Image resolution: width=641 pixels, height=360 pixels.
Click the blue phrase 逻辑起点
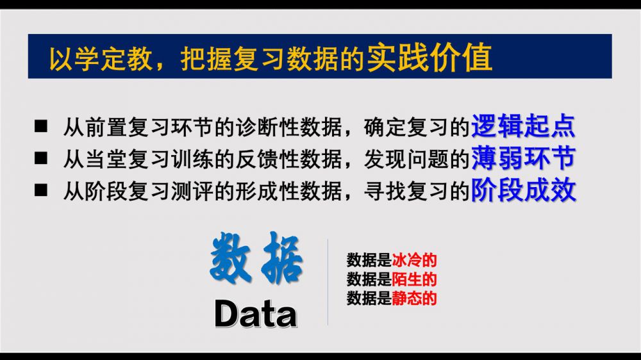point(523,126)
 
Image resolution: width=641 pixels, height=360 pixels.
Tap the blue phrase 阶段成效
point(523,190)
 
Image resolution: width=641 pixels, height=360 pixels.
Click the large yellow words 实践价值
point(429,57)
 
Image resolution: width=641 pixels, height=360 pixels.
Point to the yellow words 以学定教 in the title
point(101,59)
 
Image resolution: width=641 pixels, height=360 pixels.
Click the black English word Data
point(256,313)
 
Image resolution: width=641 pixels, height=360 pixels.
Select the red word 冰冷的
point(414,260)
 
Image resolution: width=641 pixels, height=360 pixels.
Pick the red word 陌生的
point(414,279)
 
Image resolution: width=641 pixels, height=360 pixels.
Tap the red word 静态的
point(414,299)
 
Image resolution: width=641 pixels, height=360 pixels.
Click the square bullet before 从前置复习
point(41,126)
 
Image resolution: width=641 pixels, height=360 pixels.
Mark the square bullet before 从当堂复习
point(41,158)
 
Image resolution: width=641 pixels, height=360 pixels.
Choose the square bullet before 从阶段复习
point(41,190)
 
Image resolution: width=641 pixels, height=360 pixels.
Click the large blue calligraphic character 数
point(231,258)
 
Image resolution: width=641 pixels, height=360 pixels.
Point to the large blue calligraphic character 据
point(281,258)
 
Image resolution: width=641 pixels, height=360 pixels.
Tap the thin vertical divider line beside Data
point(328,282)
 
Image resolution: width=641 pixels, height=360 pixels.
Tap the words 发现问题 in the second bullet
point(406,159)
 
